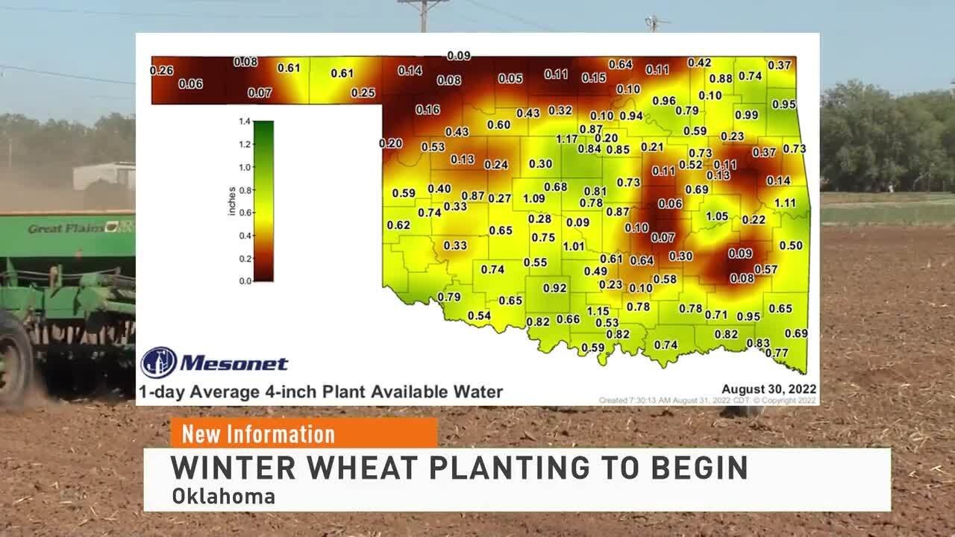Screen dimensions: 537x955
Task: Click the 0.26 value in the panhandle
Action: pos(161,71)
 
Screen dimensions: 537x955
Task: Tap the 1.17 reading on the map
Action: pos(567,139)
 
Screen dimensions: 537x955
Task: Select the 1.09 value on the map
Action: pos(533,198)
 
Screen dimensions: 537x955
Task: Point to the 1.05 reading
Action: pos(716,216)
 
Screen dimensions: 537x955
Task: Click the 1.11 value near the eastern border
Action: pos(785,203)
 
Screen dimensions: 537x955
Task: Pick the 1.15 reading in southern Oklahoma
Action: pos(598,311)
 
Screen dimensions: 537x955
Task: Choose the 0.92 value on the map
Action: pos(554,288)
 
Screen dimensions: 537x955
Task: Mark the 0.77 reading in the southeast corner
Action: pos(777,353)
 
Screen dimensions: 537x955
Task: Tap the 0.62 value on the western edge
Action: pos(398,225)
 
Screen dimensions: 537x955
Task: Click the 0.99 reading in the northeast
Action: pos(746,115)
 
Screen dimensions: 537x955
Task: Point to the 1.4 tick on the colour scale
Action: pos(244,121)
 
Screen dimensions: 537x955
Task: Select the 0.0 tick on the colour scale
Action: pos(244,281)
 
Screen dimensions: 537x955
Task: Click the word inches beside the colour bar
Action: pos(232,201)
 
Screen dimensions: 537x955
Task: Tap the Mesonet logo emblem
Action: pos(159,362)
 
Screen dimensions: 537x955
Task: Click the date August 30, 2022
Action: pos(768,389)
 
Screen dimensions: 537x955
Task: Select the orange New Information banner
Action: pos(304,433)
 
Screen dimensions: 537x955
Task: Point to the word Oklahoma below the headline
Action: pos(223,496)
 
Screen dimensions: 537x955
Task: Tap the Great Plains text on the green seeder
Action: pos(66,228)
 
